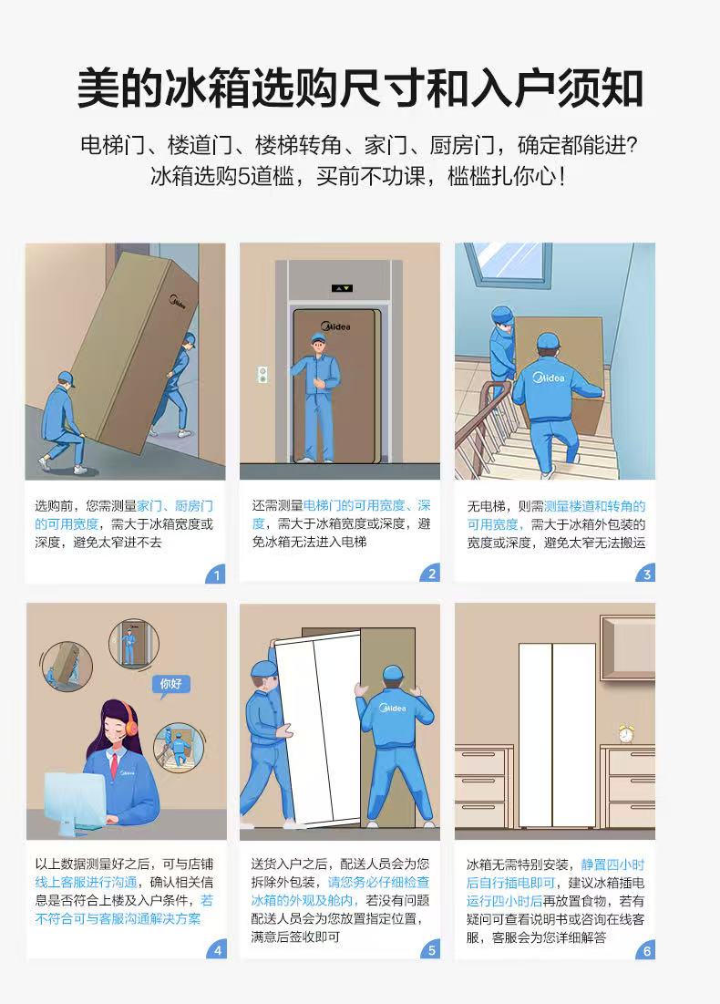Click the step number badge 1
coord(216,574)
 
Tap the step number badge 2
coord(431,574)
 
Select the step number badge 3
coord(646,574)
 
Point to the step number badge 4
coord(217,949)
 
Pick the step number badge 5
coord(431,949)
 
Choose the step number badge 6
coord(646,950)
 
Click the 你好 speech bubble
coord(170,685)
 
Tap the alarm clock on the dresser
coord(626,733)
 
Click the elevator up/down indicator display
coord(342,288)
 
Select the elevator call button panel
coord(262,375)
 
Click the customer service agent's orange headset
coord(130,719)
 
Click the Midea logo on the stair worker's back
coord(550,378)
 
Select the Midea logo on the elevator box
coord(335,326)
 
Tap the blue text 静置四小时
coord(612,864)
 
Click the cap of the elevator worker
coord(319,338)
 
